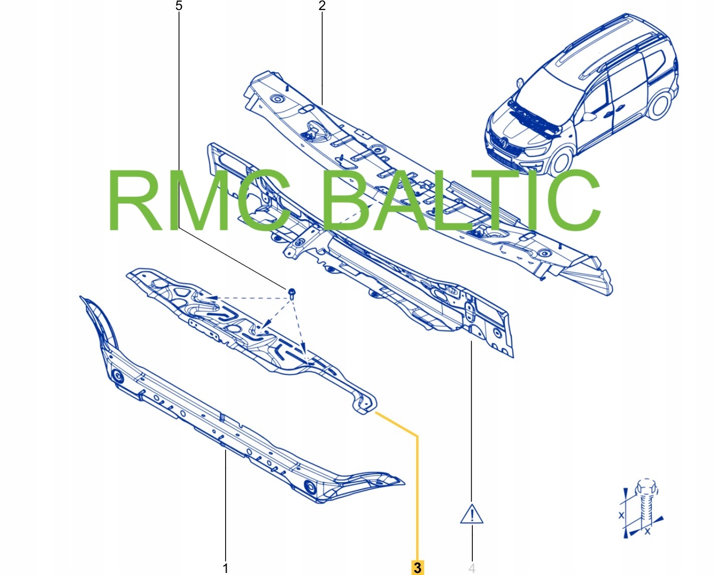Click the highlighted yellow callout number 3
pyautogui.click(x=417, y=567)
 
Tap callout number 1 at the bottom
pyautogui.click(x=226, y=568)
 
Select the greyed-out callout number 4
pyautogui.click(x=472, y=568)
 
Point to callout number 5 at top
pyautogui.click(x=179, y=6)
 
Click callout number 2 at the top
pyautogui.click(x=322, y=6)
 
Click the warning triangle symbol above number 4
pyautogui.click(x=472, y=514)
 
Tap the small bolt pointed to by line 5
pyautogui.click(x=292, y=292)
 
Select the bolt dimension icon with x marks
pyautogui.click(x=642, y=509)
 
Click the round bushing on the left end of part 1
pyautogui.click(x=117, y=376)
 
